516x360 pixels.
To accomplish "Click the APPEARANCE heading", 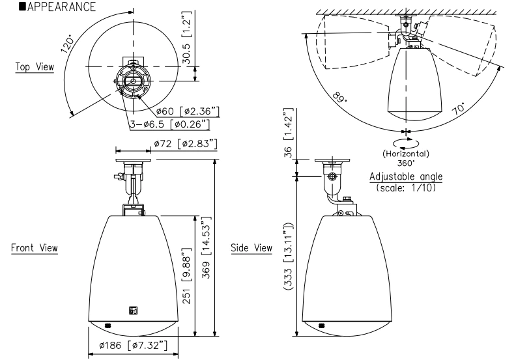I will coord(51,7).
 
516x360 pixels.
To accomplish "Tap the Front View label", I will coord(34,248).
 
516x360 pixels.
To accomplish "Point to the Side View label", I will coord(251,248).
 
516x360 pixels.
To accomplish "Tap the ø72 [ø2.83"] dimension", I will coord(186,143).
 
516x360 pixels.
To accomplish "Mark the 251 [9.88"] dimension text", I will coord(186,273).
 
